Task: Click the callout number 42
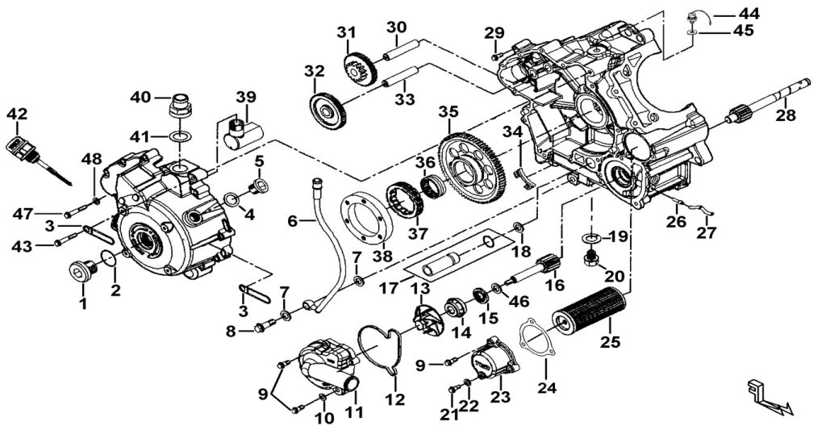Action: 17,115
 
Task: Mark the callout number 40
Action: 140,98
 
